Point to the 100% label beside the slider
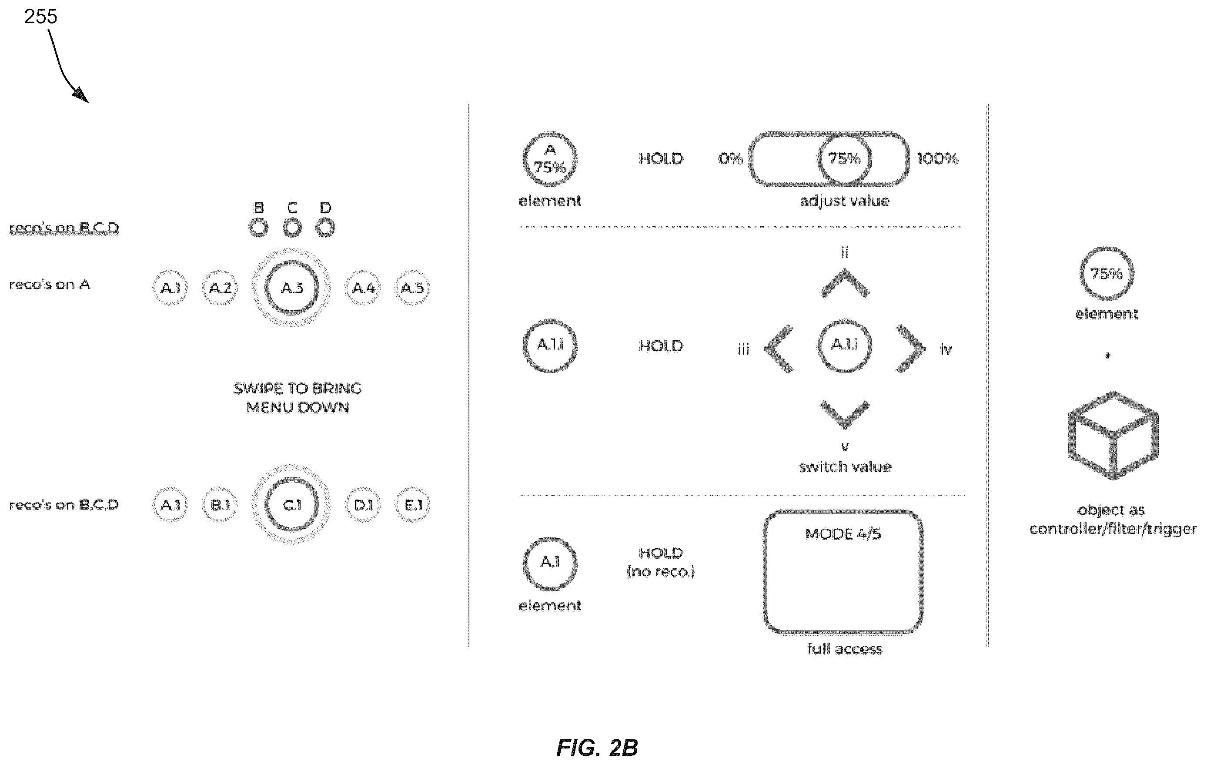tap(937, 159)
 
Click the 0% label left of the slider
tap(730, 159)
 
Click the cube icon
tap(1113, 436)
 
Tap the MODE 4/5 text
tap(843, 534)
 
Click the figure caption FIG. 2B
tap(597, 748)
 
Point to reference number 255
tap(40, 17)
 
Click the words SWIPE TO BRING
tap(297, 389)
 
